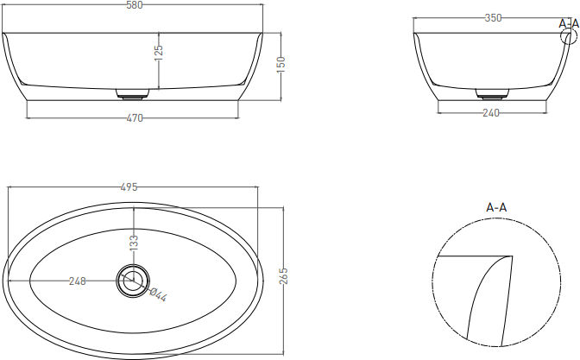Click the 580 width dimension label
click(x=135, y=5)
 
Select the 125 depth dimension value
click(x=159, y=53)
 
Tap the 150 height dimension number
click(x=281, y=65)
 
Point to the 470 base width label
click(x=135, y=118)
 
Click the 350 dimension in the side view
click(x=493, y=18)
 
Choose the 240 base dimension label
click(x=491, y=112)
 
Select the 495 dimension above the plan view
click(x=129, y=187)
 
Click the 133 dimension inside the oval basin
click(x=134, y=243)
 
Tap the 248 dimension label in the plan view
click(x=78, y=281)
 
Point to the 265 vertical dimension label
click(x=284, y=276)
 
